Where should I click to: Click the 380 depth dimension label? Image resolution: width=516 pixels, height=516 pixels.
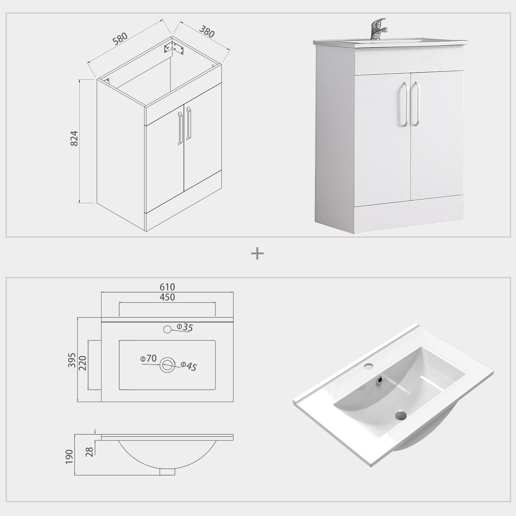[x=206, y=32]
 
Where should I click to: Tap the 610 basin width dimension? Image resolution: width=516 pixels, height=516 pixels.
[x=167, y=287]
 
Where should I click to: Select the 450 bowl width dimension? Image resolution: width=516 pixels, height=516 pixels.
[x=167, y=297]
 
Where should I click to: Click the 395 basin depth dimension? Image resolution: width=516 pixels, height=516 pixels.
[x=72, y=360]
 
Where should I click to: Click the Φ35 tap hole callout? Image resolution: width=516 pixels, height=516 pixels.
[x=185, y=327]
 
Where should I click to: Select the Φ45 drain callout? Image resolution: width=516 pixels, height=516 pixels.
[x=189, y=366]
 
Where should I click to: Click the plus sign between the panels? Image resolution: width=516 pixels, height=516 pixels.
[x=257, y=254]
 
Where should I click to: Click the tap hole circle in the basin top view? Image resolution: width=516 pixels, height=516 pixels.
[x=167, y=329]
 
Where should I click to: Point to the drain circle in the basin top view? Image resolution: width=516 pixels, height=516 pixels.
[x=168, y=364]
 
